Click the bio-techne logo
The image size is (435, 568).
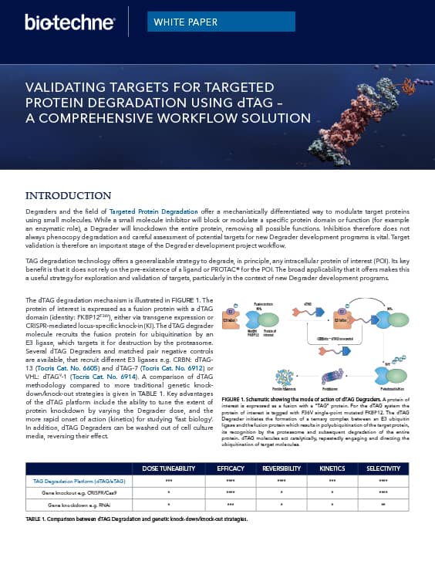(69, 22)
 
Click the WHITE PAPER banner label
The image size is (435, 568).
(185, 22)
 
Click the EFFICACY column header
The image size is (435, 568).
(231, 468)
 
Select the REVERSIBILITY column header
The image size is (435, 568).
(282, 468)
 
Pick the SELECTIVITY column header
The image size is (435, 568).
(383, 468)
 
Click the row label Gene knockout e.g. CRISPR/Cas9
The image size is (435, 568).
(74, 492)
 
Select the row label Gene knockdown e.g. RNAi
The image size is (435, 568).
(74, 505)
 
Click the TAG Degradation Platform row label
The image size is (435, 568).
(75, 481)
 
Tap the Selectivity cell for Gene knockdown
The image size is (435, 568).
(383, 505)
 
